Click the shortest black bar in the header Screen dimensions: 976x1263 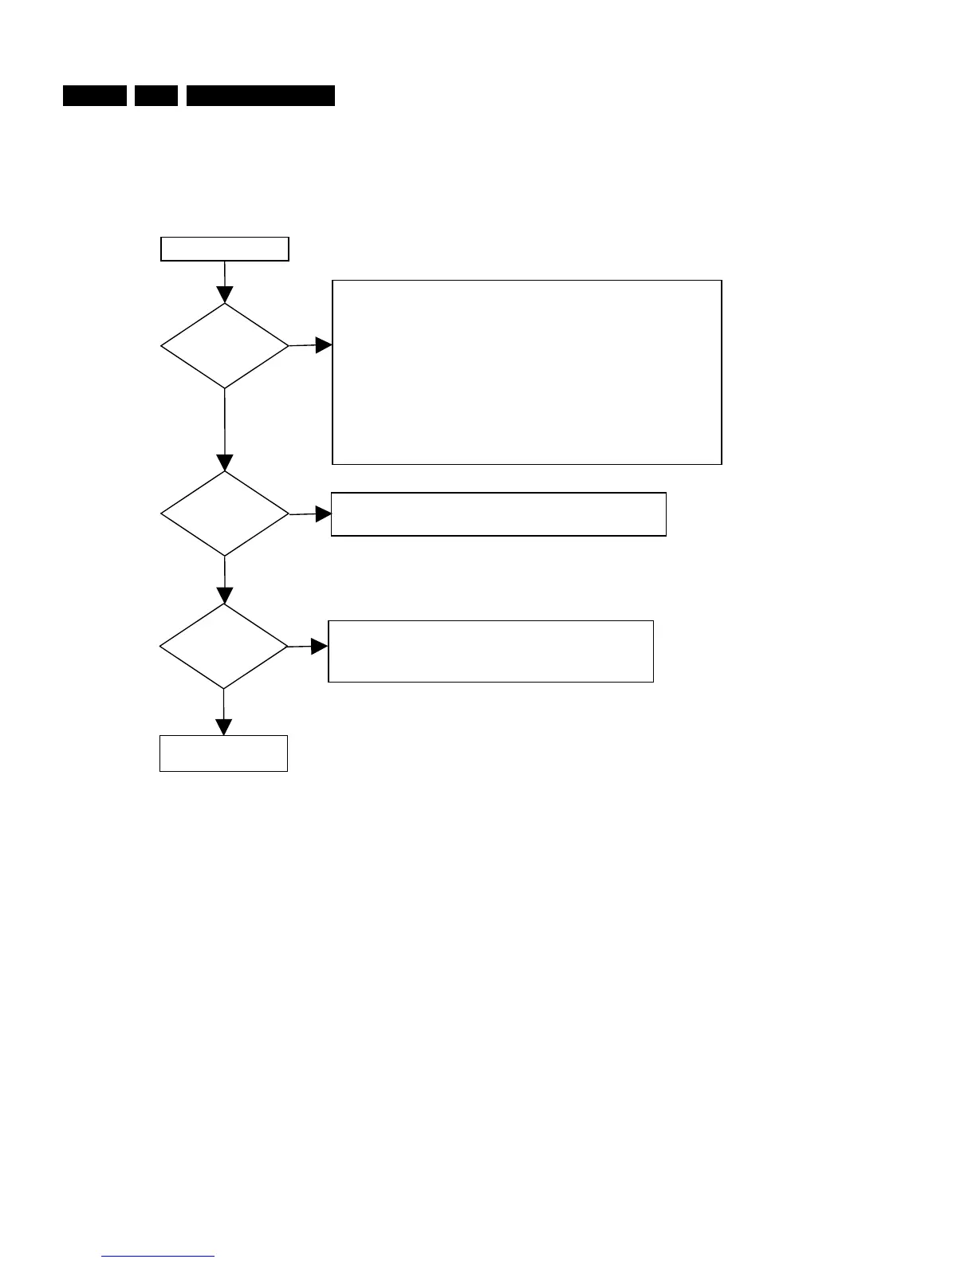155,96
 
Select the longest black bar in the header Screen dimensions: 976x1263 261,96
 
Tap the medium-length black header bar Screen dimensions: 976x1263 95,96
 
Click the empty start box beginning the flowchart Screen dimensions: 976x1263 224,249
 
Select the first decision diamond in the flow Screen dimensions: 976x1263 224,346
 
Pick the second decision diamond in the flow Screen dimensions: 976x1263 224,514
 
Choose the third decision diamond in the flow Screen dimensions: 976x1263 223,647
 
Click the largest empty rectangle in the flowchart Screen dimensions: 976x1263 526,372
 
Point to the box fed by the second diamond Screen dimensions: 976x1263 498,514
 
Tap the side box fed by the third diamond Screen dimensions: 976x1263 490,651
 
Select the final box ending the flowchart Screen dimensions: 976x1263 223,753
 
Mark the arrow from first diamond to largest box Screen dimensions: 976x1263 310,345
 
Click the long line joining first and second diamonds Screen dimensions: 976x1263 225,423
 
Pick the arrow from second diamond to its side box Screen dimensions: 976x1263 310,514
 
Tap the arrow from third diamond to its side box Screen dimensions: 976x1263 308,647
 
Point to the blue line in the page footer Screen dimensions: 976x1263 159,1257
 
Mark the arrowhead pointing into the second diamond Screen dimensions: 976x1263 225,463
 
